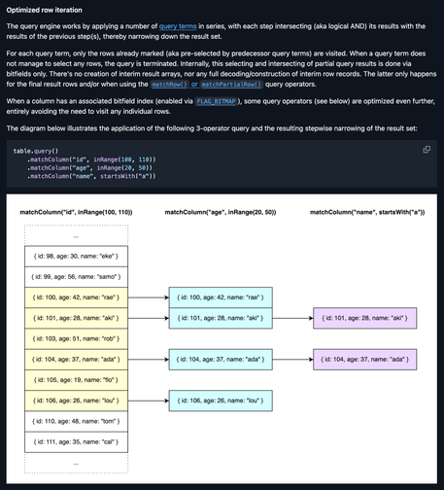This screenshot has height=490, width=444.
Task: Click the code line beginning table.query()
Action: (x=35, y=151)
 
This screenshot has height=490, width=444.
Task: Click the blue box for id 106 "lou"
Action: (x=218, y=401)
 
